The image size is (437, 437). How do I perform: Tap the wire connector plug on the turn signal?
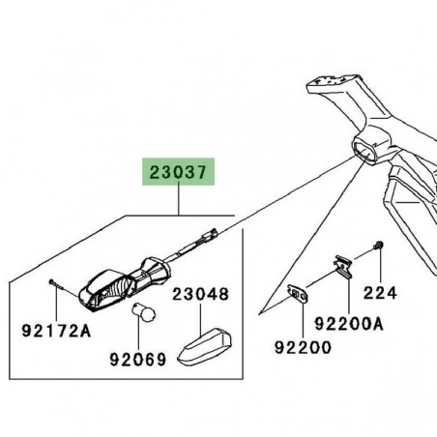208,235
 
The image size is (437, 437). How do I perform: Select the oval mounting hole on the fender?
368,150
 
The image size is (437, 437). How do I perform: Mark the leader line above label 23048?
199,315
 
